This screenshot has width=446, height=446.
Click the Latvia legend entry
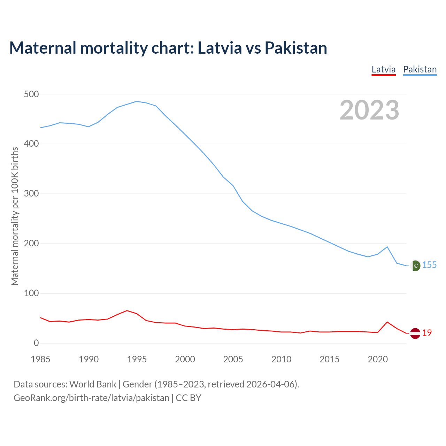(x=383, y=69)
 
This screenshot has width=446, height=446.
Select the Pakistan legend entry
(x=420, y=69)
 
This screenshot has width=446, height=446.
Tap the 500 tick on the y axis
(x=31, y=94)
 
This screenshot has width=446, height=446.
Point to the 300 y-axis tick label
(x=31, y=194)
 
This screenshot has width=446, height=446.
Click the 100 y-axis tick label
(x=31, y=293)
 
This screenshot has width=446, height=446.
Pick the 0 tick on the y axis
(x=36, y=343)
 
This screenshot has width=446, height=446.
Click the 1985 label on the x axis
(x=40, y=359)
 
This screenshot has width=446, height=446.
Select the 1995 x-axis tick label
(x=137, y=359)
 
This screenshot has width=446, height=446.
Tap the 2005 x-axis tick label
(x=233, y=359)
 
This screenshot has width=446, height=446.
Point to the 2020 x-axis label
(x=378, y=359)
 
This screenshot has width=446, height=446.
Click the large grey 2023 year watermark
(x=369, y=110)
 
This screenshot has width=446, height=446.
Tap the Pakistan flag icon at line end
(x=415, y=266)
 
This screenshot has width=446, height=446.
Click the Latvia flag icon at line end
(x=415, y=333)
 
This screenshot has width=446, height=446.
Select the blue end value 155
(x=429, y=265)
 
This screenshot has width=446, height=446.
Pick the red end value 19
(x=427, y=333)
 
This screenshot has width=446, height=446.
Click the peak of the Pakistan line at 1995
(x=137, y=101)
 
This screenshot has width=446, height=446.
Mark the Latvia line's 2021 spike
(x=387, y=322)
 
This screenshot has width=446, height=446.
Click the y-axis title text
(x=15, y=216)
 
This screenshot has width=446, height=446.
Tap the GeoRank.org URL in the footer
(x=91, y=398)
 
